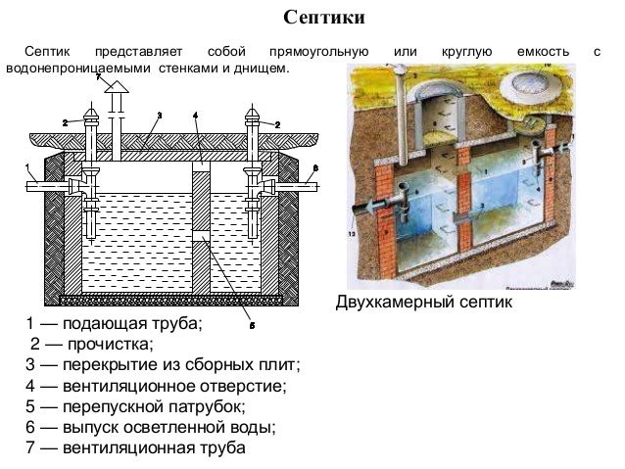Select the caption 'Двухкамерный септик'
[x=423, y=305]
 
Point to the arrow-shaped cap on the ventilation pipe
[x=115, y=90]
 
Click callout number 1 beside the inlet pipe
[x=28, y=165]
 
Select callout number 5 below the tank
[x=252, y=324]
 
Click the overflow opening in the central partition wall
[x=200, y=237]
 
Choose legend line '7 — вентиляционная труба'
[x=135, y=448]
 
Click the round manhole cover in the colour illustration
[x=532, y=90]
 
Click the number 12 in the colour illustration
[x=354, y=235]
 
